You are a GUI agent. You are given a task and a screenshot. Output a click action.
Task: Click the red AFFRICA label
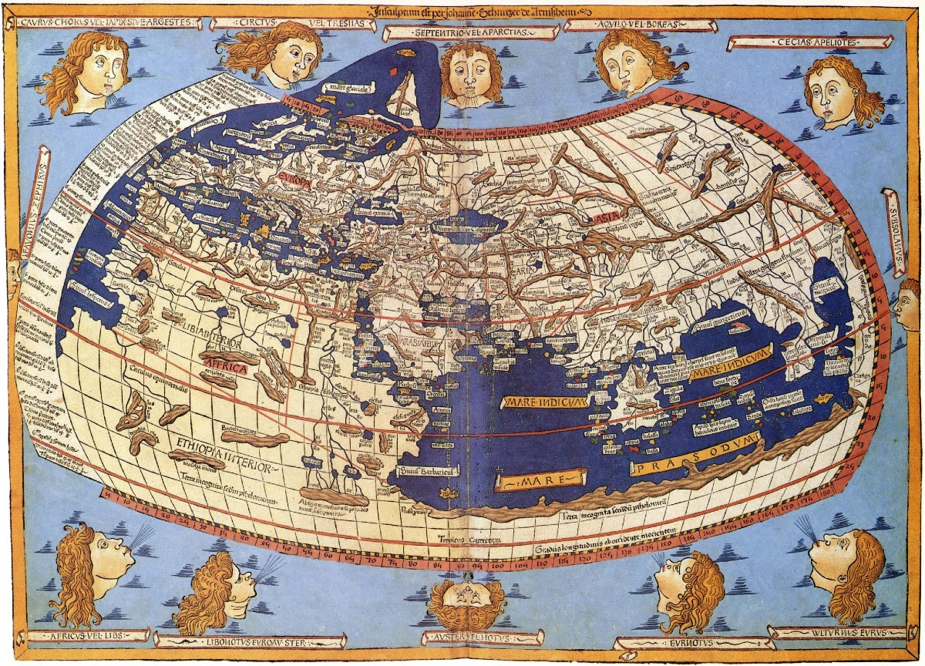point(224,368)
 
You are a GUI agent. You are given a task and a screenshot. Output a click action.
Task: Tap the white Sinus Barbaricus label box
point(425,469)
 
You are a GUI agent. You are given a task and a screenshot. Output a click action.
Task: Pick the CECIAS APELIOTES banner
point(809,42)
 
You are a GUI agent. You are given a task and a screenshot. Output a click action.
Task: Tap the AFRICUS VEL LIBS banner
point(89,636)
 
